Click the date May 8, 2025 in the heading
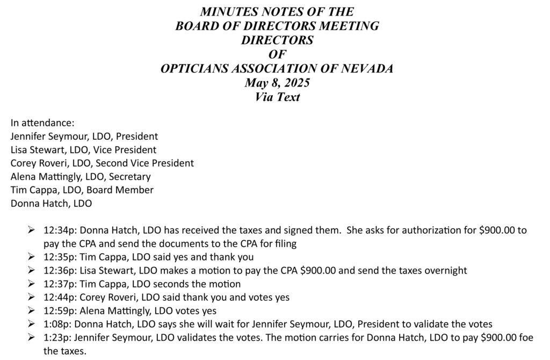pos(277,83)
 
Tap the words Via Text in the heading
pos(277,97)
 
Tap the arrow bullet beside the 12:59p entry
pos(32,311)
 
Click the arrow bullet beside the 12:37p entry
pos(32,284)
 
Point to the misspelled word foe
pos(523,337)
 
